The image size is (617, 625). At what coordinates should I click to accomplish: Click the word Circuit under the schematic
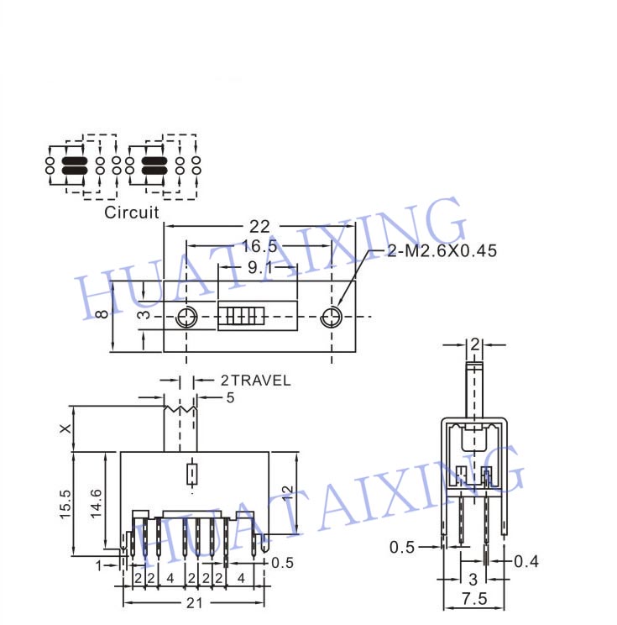click(132, 212)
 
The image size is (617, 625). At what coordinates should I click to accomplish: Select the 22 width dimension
click(259, 227)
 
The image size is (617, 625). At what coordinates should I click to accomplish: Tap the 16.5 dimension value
click(259, 246)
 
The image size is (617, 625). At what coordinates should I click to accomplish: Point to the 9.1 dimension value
click(260, 267)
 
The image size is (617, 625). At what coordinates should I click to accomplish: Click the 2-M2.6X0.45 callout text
click(442, 250)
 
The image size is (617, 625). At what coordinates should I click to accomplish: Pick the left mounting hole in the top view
click(186, 318)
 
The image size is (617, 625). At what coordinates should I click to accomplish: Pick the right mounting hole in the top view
click(331, 318)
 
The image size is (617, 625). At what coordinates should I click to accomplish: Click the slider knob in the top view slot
click(241, 316)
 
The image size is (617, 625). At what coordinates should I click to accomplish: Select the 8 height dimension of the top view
click(103, 313)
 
